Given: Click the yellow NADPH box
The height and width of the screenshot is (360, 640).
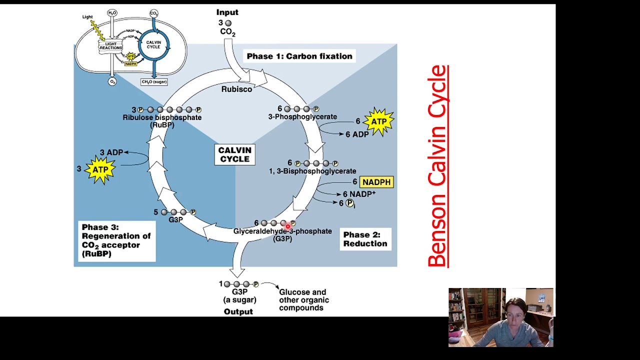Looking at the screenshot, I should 376,182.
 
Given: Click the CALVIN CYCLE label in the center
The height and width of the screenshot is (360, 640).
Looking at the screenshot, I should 234,154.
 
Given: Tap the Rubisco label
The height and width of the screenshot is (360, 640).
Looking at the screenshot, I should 236,89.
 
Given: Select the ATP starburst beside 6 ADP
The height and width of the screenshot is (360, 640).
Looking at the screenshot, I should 378,121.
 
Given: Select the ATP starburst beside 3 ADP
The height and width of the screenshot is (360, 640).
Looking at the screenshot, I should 100,169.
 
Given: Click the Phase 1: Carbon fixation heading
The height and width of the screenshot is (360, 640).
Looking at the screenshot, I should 299,56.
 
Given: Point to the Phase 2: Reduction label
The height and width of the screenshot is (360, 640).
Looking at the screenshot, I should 365,239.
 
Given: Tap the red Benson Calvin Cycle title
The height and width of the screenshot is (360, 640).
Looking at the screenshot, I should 437,166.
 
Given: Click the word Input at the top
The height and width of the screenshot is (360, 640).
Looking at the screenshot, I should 227,12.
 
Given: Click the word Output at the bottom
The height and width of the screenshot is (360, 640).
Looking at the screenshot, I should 238,311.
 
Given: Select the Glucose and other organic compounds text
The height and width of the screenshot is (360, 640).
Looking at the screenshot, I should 303,300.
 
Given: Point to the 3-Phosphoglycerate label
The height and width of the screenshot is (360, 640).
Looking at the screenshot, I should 302,116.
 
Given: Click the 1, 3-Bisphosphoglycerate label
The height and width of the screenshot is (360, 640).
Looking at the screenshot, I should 312,171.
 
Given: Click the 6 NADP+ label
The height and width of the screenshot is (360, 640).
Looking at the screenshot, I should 358,194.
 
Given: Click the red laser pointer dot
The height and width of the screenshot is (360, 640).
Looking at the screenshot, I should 288,227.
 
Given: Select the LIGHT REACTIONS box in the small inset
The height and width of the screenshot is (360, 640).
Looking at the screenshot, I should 110,46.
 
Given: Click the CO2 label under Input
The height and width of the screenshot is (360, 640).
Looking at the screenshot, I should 227,32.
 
